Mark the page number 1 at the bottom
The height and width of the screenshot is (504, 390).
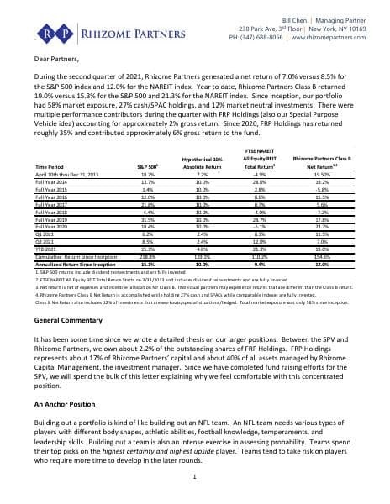[x=194, y=478]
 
